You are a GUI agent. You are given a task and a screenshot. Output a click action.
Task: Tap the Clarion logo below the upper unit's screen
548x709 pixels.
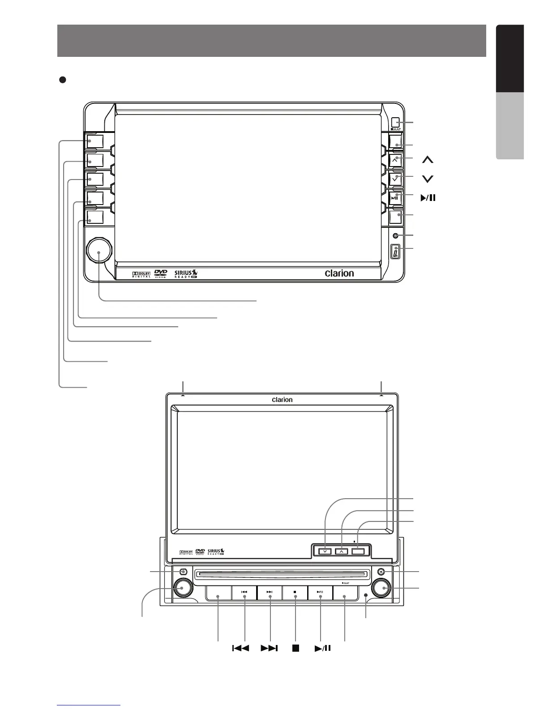339,273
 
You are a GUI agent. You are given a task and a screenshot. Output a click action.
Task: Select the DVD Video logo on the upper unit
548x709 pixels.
161,273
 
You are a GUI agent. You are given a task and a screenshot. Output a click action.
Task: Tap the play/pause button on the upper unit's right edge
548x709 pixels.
395,198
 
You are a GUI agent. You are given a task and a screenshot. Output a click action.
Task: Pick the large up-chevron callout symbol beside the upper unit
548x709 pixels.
428,159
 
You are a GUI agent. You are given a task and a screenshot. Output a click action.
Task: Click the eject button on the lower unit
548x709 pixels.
380,572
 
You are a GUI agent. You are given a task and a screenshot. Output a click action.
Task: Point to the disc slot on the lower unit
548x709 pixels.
283,574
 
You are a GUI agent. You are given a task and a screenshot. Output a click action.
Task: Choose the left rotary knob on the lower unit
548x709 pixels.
182,587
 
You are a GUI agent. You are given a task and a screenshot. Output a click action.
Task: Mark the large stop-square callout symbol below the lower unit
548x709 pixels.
295,648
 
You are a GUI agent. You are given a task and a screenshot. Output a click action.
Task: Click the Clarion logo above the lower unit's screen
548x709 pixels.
282,400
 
